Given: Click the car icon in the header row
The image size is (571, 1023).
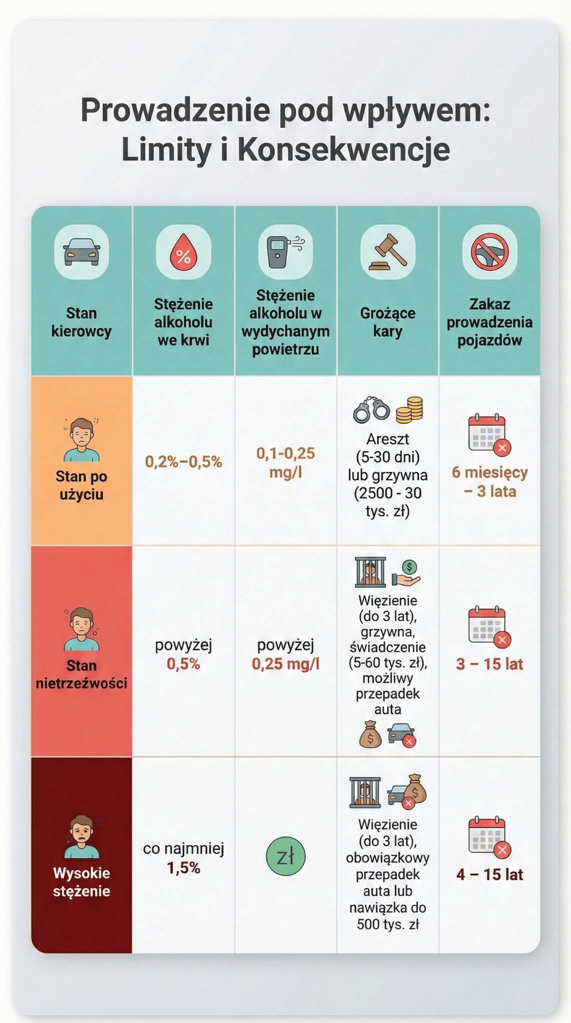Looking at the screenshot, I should [x=81, y=251].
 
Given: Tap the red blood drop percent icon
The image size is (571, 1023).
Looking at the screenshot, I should [x=183, y=252].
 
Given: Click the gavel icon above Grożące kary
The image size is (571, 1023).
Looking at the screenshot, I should [x=388, y=251].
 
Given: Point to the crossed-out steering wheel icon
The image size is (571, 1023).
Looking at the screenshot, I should [x=490, y=251].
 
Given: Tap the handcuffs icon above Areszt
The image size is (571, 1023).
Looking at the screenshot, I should [x=371, y=410].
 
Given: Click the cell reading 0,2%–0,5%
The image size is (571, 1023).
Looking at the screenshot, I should [x=183, y=462].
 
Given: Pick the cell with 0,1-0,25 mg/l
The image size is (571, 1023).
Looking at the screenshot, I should [x=285, y=462].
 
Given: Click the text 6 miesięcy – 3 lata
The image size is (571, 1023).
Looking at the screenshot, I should [x=490, y=482].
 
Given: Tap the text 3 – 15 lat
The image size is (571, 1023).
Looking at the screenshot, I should [x=490, y=664].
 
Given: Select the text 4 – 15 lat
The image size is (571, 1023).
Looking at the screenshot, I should [x=490, y=874].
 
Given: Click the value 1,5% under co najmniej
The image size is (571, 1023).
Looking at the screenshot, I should [x=183, y=868].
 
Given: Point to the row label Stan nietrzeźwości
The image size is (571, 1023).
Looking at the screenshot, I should [x=81, y=674].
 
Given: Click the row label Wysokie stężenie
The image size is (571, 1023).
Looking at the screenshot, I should [x=81, y=882].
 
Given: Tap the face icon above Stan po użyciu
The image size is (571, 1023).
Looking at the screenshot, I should [x=81, y=440].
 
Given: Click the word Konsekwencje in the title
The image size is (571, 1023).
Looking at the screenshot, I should [x=343, y=149].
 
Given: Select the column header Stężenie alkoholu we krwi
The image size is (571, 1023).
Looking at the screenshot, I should [x=183, y=322].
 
